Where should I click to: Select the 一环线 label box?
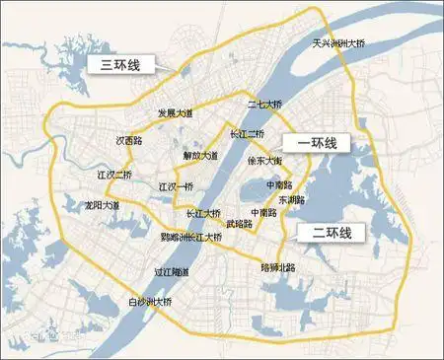315,144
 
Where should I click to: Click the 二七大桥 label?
265,105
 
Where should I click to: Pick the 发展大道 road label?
178,114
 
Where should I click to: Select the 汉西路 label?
130,140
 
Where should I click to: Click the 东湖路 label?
291,199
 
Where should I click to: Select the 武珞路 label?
239,224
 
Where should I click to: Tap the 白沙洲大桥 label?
144,303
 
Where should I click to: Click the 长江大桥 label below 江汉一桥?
203,213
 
